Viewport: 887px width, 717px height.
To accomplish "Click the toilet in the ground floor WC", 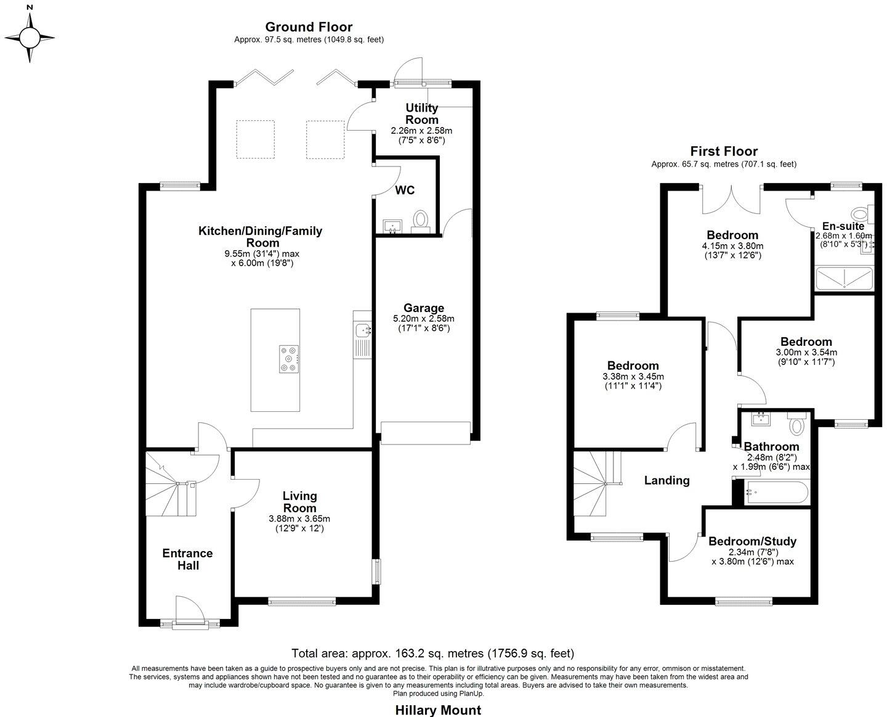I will tap(421, 219).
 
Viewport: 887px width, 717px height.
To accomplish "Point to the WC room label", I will tap(405, 191).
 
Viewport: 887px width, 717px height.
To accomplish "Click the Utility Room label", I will tap(422, 114).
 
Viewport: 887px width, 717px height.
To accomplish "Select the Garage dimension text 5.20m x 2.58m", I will tap(423, 319).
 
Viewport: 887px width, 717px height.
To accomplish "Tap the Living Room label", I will tap(300, 502).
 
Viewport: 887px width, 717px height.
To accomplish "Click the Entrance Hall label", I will tap(187, 559).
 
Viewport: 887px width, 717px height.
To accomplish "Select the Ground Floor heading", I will tap(309, 27).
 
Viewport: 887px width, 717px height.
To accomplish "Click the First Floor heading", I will tap(724, 151).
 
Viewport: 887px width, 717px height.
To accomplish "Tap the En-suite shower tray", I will tap(844, 279).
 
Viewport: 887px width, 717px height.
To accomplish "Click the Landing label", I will tap(666, 480).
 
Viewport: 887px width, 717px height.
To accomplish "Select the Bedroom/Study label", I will tap(752, 541).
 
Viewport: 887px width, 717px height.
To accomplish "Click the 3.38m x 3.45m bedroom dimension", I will tap(633, 377).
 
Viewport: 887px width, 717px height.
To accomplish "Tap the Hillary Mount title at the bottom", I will tap(438, 710).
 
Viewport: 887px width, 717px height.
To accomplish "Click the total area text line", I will tap(432, 653).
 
